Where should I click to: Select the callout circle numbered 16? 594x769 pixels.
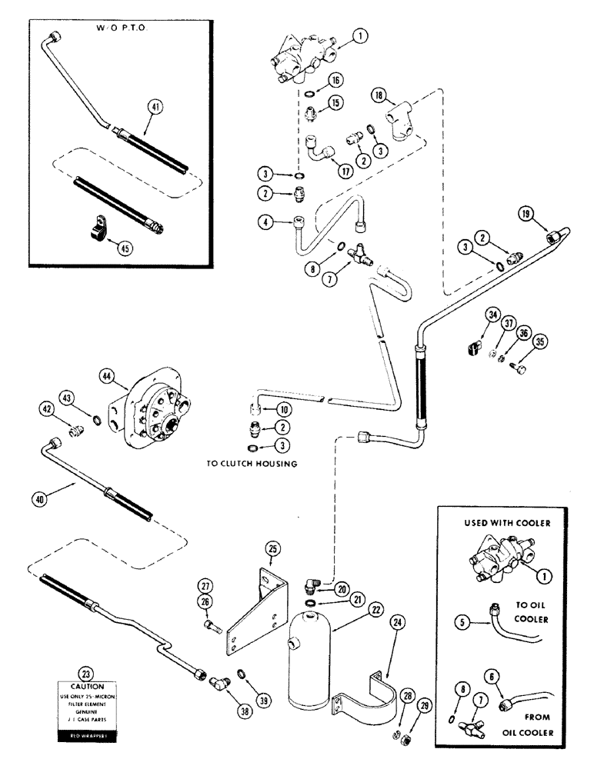click(336, 80)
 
